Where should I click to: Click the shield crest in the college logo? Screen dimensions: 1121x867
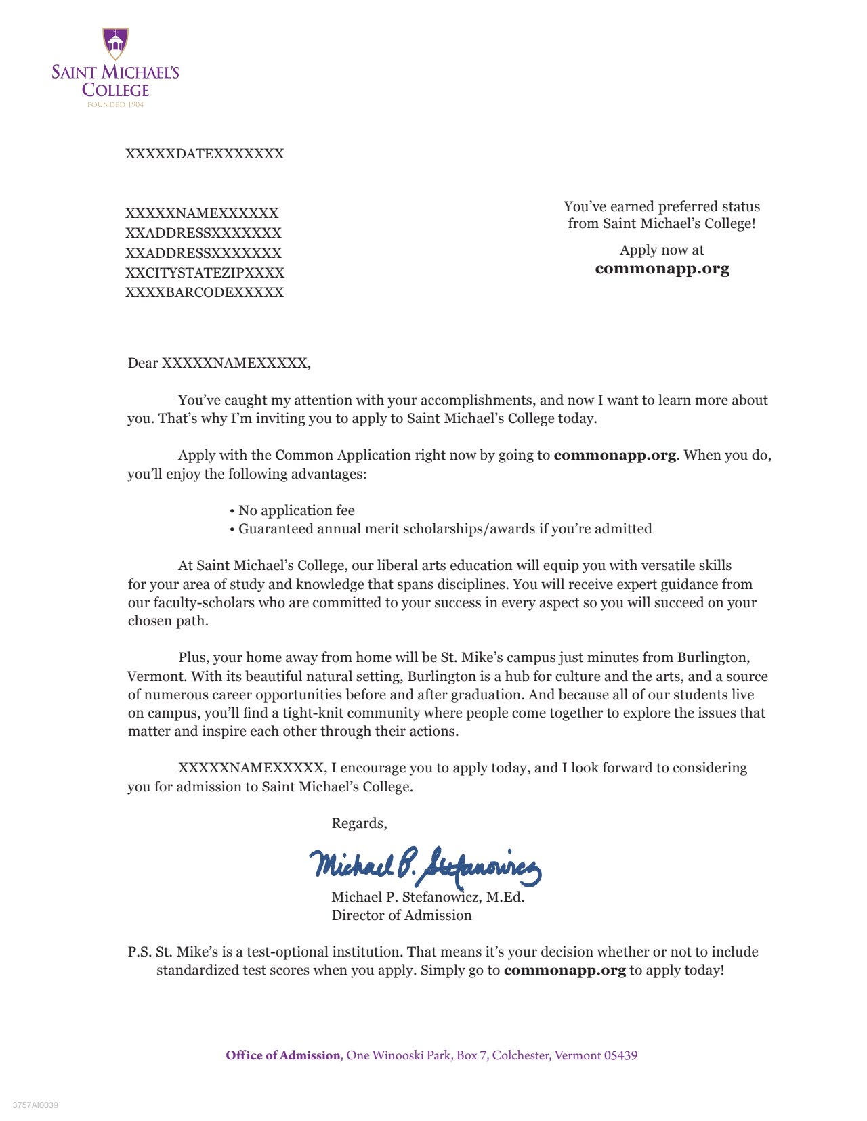click(116, 43)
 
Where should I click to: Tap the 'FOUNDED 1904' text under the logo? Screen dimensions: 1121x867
click(115, 105)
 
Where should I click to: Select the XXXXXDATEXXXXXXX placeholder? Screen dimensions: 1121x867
click(205, 154)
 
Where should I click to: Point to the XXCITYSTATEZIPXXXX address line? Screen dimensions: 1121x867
click(205, 273)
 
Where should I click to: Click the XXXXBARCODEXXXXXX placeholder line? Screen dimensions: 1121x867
click(205, 292)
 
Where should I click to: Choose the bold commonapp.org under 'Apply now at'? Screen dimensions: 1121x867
click(662, 269)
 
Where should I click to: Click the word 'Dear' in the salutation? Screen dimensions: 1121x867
click(143, 364)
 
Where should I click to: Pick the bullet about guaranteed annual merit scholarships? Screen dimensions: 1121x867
click(444, 529)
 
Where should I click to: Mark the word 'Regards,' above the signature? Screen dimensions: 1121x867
click(359, 823)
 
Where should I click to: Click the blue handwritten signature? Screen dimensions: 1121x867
click(425, 866)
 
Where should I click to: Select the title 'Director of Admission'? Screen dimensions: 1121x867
click(402, 915)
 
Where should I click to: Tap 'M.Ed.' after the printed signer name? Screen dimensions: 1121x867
click(505, 897)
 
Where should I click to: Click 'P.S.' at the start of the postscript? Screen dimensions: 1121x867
click(140, 952)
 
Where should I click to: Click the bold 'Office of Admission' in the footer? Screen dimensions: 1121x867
click(283, 1055)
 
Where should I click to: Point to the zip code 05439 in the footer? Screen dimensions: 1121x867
click(621, 1055)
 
